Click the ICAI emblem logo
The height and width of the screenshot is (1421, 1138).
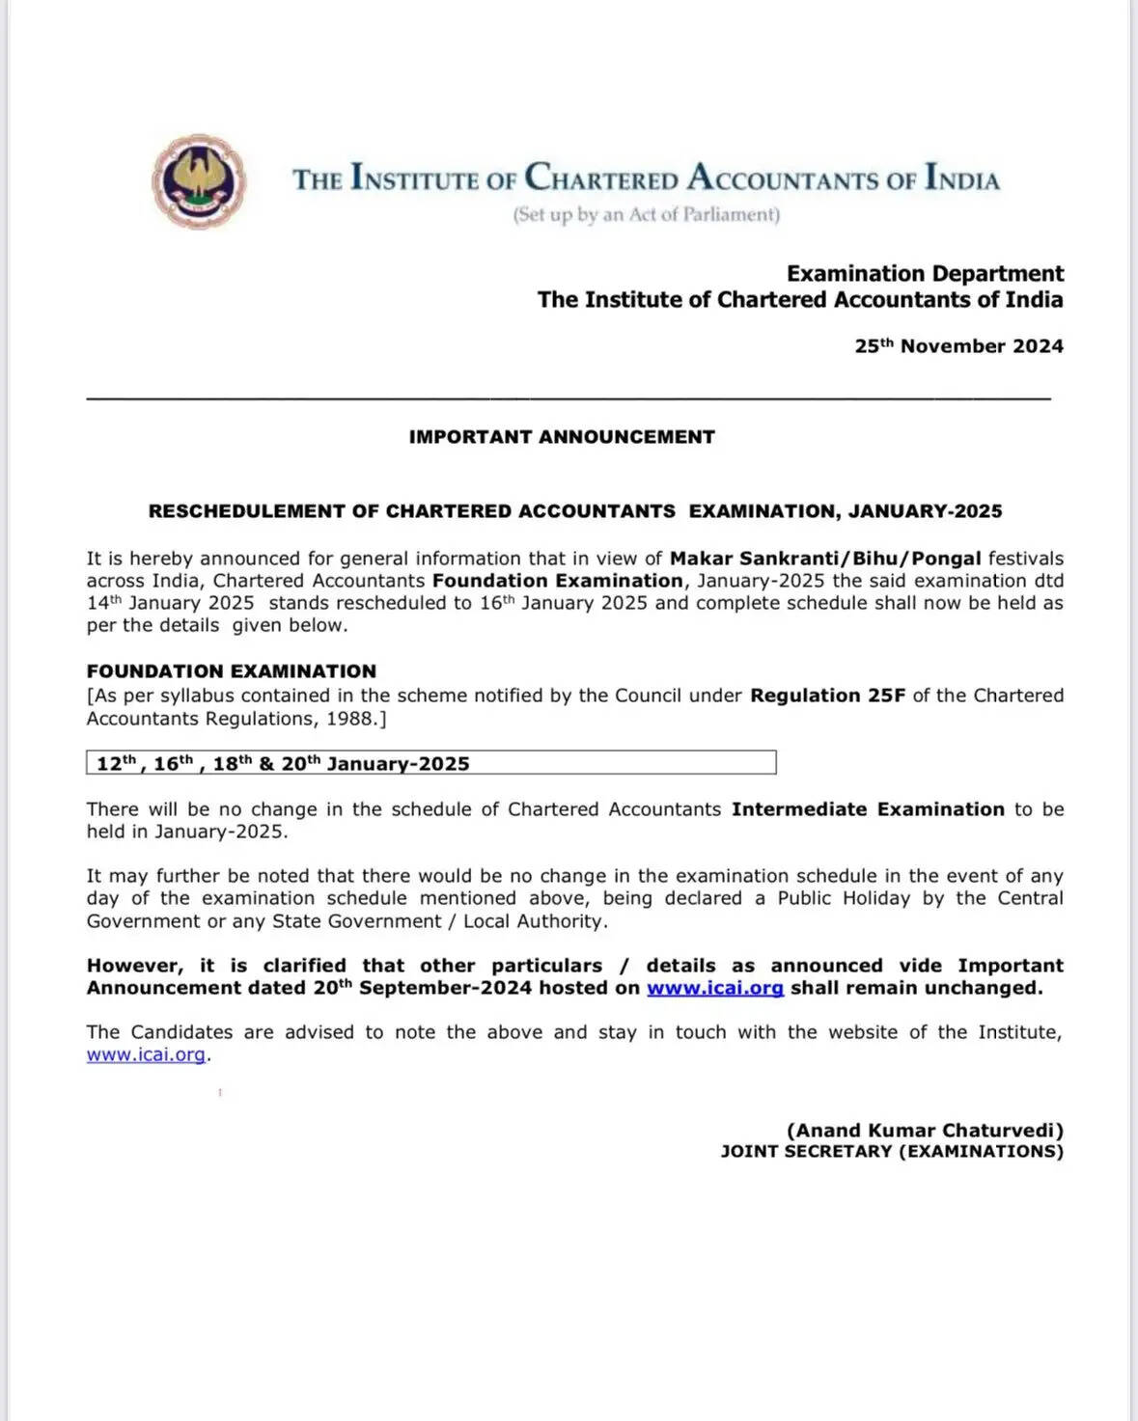[199, 181]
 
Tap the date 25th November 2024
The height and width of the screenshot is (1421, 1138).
[958, 346]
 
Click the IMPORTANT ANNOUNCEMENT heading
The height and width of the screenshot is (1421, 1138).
[562, 437]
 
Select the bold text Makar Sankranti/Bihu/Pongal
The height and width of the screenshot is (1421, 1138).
[825, 559]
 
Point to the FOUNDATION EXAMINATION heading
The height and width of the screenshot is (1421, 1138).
[232, 671]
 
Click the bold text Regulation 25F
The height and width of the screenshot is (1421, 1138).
[828, 696]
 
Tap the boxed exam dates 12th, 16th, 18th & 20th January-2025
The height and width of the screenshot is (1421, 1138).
[283, 763]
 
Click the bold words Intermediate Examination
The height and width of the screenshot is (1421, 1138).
[868, 809]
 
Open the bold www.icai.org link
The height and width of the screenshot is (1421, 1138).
[714, 988]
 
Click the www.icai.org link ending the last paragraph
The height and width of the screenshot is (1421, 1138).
[146, 1054]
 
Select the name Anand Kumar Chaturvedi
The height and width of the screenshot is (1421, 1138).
[925, 1130]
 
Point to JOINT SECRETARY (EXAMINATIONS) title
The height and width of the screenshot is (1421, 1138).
[892, 1152]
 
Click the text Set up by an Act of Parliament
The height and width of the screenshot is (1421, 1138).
[646, 214]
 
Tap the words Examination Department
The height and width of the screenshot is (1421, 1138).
[925, 274]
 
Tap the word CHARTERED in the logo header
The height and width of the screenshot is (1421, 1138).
[601, 179]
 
